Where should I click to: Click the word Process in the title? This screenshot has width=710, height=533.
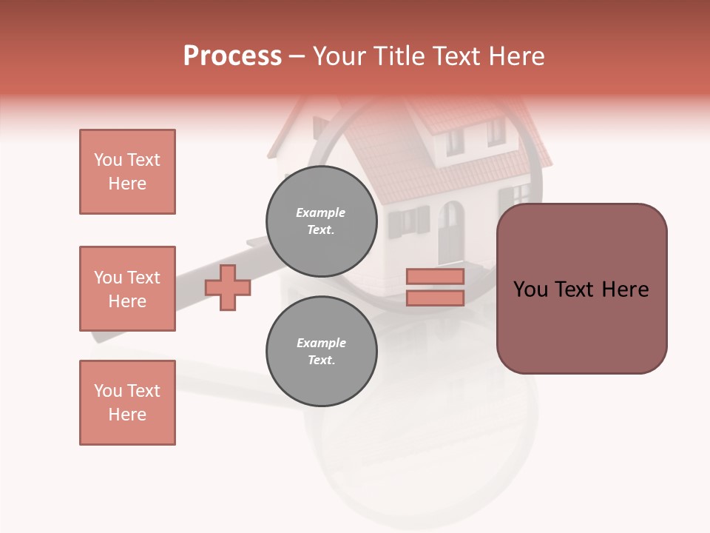(x=232, y=56)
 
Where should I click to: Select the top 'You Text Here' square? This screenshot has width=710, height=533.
(x=127, y=172)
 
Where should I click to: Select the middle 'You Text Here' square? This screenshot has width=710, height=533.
(x=127, y=289)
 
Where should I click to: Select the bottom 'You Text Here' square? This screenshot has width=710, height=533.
(x=127, y=403)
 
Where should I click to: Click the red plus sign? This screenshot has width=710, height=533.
(x=228, y=287)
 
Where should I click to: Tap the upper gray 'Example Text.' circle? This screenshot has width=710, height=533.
(x=321, y=221)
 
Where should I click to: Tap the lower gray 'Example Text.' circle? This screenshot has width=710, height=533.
(x=321, y=351)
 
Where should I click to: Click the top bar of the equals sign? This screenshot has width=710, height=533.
(x=435, y=276)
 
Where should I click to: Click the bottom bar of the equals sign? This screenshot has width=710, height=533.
(x=435, y=298)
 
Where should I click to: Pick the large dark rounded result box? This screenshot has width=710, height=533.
(x=581, y=289)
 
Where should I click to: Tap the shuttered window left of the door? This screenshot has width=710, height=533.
(x=408, y=221)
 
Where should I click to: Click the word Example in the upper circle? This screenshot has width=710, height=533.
(x=321, y=212)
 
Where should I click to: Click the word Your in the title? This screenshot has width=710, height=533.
(x=339, y=56)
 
